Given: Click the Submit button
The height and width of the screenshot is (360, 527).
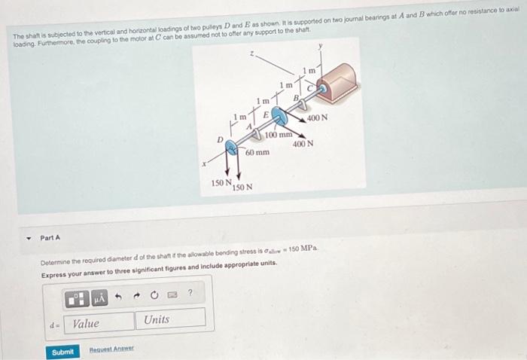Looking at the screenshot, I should coord(63,352).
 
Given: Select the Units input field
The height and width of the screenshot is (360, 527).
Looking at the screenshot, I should coord(172,319).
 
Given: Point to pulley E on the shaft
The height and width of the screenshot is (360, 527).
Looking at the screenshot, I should coord(278,118).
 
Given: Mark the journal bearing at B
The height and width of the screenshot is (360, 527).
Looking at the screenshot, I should coord(301,103).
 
